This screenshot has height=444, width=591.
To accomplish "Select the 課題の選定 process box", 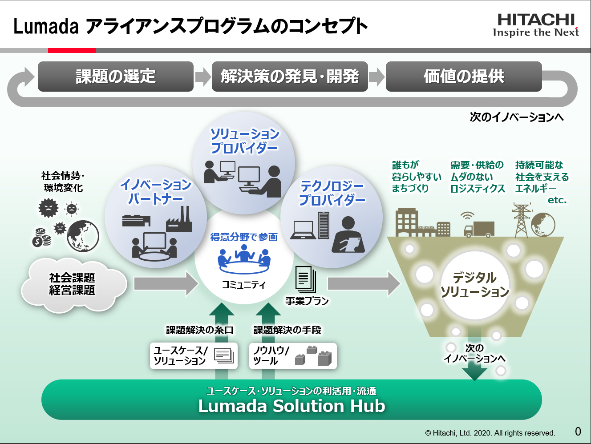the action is tap(116, 77).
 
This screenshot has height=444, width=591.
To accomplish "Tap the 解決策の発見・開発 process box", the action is tap(290, 77).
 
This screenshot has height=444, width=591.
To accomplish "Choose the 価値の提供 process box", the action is tap(464, 77).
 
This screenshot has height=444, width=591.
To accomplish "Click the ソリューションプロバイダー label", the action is tap(244, 141).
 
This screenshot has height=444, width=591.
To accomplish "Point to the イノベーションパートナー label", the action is tap(156, 191).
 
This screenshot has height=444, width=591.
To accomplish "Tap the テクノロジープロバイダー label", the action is tap(332, 193).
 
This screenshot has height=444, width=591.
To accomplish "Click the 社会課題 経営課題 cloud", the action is tap(72, 284).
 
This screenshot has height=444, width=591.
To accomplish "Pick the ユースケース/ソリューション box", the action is tap(194, 355).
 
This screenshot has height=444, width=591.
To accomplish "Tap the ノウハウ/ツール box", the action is tap(293, 355).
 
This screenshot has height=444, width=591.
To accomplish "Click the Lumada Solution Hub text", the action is tap(291, 406).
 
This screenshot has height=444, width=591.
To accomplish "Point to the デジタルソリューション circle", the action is tap(475, 285).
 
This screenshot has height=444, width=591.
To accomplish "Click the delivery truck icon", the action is tap(479, 229).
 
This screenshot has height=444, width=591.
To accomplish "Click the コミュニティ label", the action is tap(244, 285).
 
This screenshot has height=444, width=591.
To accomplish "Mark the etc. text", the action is tap(557, 200).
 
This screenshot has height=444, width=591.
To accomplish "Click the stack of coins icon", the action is tap(41, 238).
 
